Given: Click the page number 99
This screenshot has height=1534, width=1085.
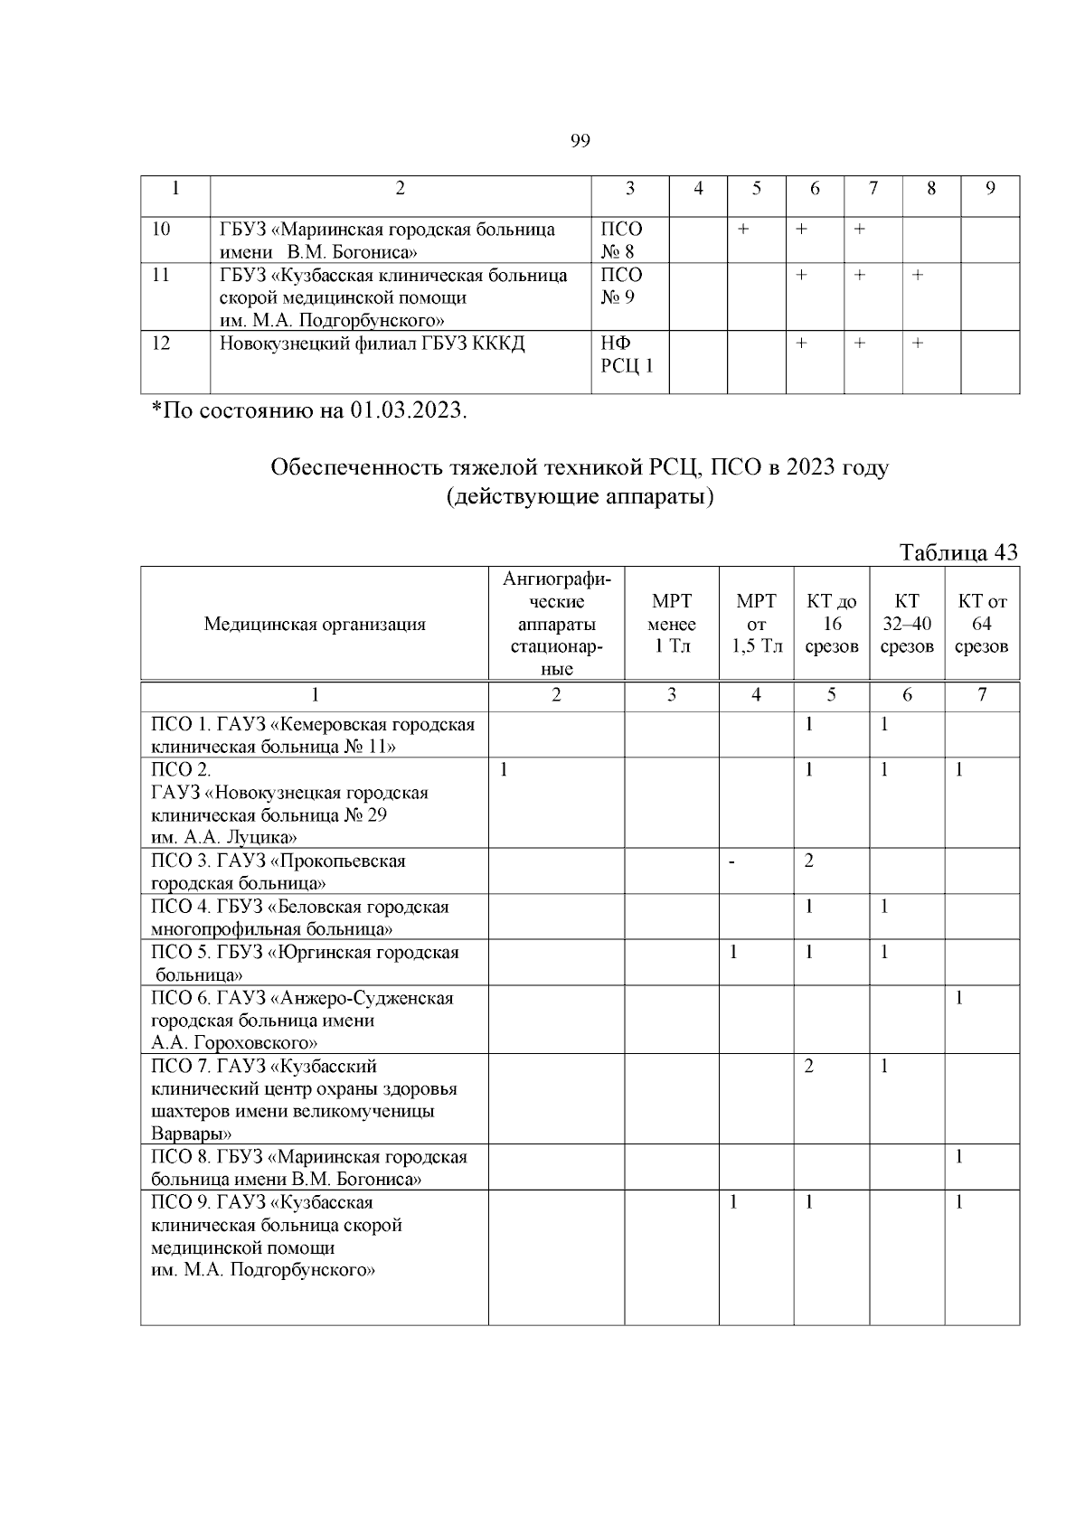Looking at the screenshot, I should (580, 140).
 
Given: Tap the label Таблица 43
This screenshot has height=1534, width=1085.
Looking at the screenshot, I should (958, 552).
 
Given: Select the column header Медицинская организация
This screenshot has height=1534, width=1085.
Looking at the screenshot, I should (314, 624).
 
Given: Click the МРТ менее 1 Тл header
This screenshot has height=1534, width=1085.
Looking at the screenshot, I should (672, 624).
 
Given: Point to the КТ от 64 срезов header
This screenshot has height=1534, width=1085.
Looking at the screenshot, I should (982, 624).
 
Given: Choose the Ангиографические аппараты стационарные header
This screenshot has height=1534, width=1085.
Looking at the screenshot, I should (556, 624).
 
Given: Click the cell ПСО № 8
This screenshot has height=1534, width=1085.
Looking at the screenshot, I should (621, 240).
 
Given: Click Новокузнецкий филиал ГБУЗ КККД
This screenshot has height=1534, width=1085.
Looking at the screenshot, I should (372, 344).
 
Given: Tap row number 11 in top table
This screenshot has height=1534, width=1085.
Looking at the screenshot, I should (160, 275).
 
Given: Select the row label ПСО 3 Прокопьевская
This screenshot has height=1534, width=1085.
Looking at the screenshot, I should (278, 871).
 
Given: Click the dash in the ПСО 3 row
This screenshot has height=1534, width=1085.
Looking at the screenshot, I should (733, 861).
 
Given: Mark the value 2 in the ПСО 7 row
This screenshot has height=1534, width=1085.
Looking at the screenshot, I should (809, 1066).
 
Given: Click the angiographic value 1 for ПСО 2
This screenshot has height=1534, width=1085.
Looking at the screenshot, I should (504, 769).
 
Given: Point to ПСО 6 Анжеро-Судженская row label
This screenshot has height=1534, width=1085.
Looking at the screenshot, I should (302, 1020).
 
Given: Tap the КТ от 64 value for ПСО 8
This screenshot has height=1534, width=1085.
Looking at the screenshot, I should (959, 1157).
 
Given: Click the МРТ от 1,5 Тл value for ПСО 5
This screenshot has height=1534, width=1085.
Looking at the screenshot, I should (734, 952).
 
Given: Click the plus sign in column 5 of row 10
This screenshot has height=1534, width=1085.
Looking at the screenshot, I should (742, 230).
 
